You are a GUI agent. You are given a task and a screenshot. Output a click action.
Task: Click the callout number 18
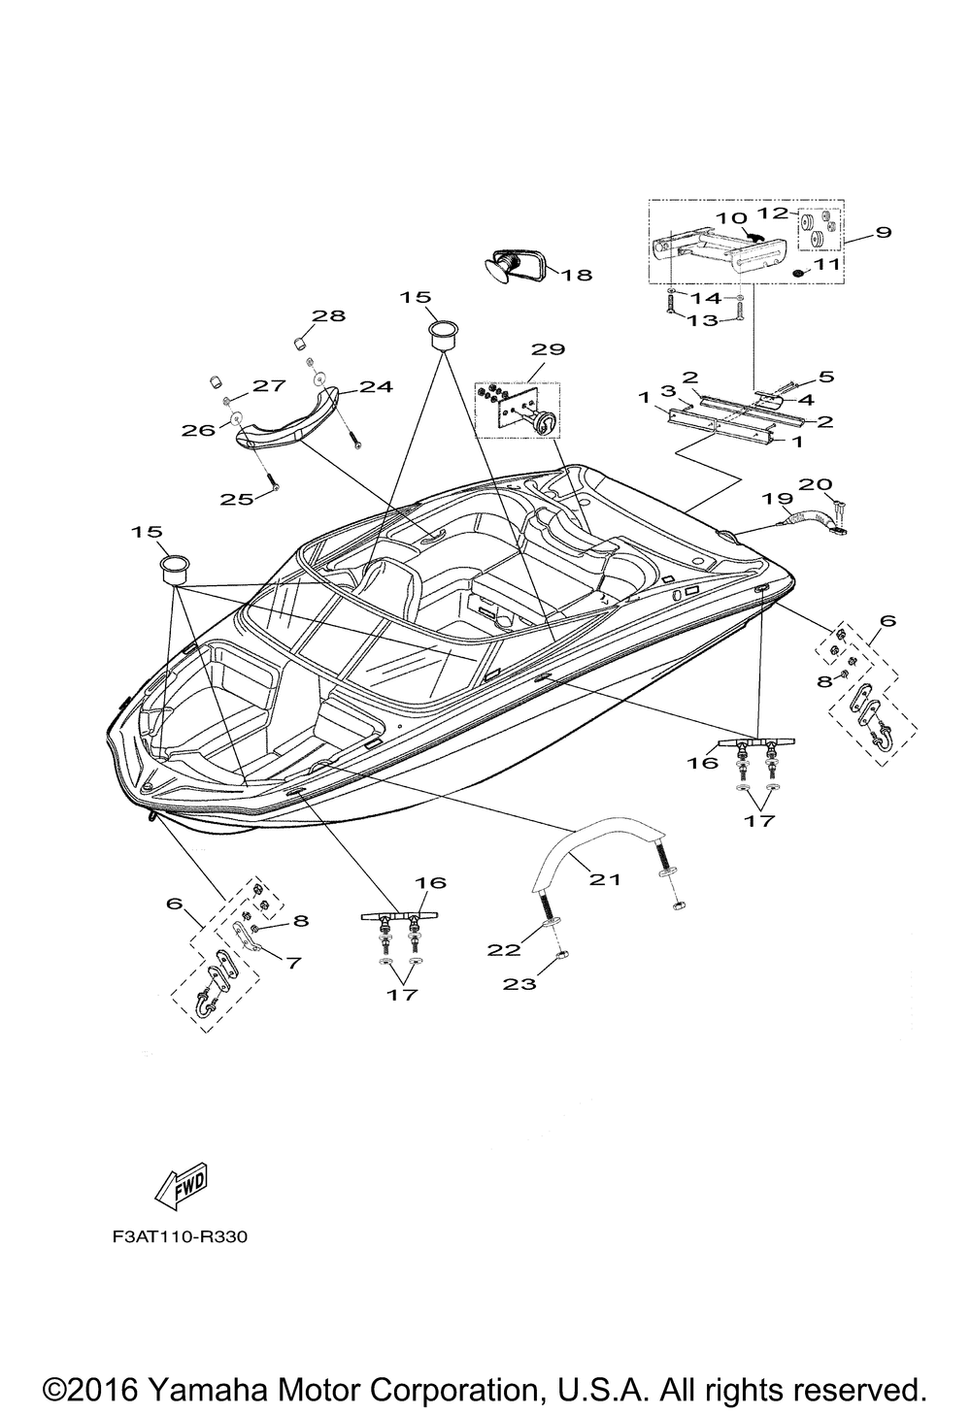click(x=577, y=275)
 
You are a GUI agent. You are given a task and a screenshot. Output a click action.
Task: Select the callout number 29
click(x=549, y=348)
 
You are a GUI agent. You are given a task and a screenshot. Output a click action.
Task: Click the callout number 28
click(x=328, y=315)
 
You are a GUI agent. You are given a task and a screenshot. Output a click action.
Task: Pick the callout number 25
click(x=237, y=499)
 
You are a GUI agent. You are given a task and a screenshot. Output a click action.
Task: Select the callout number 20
click(x=816, y=484)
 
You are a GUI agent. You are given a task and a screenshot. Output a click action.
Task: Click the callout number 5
click(x=826, y=376)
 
